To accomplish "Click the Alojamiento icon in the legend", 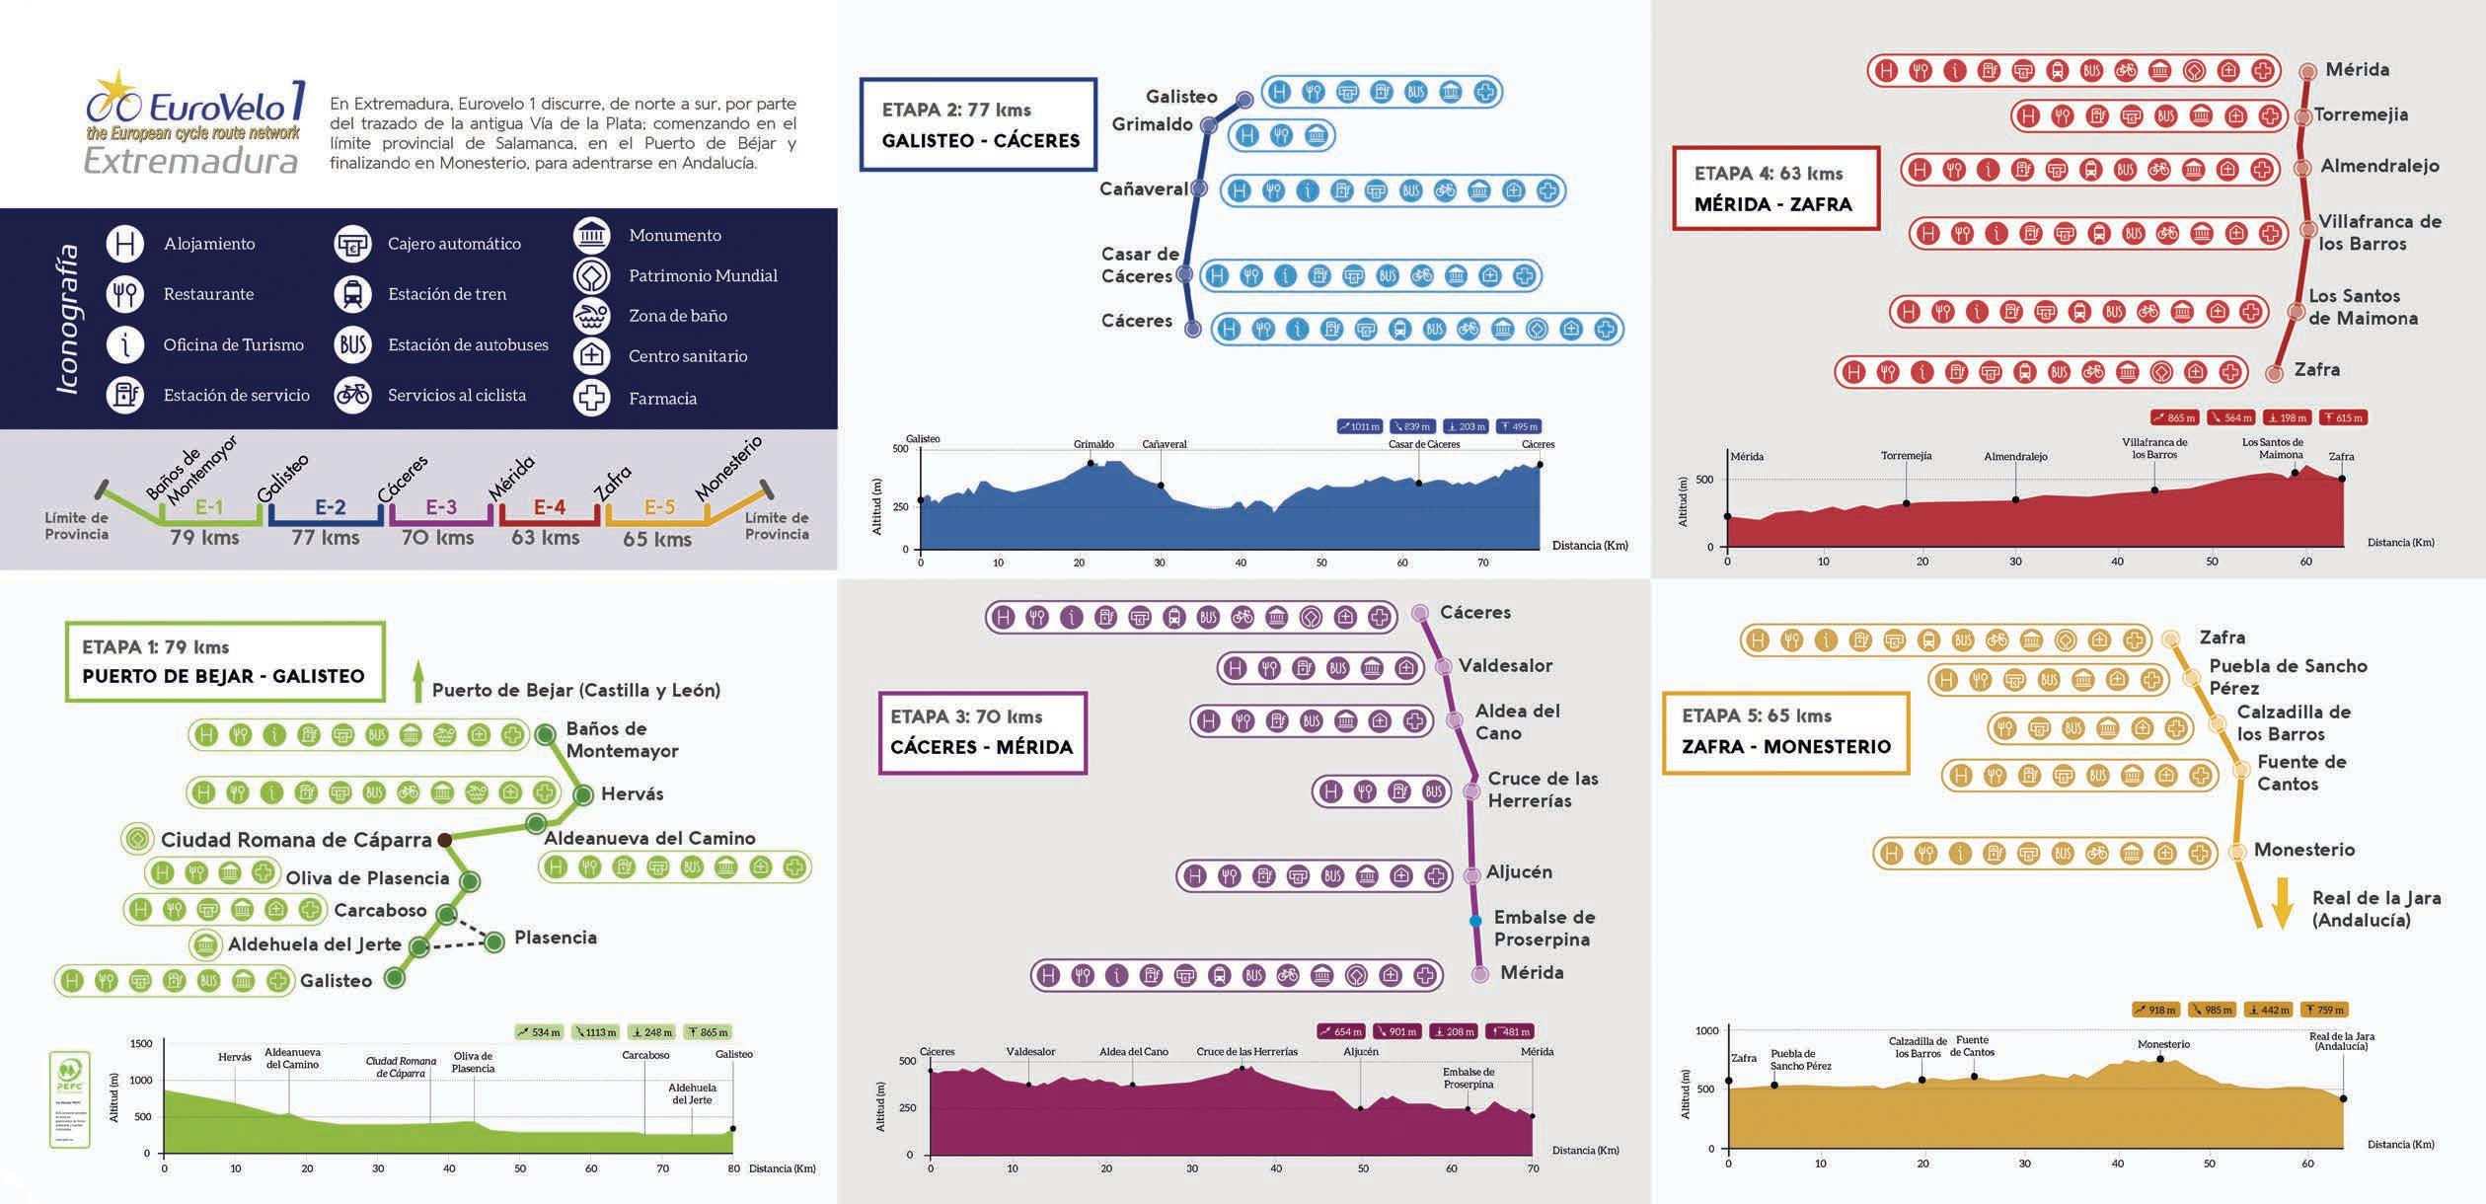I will click(125, 244).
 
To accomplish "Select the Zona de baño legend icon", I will click(592, 316).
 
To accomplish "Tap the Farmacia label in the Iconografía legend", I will click(662, 399).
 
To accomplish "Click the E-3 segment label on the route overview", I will click(441, 507).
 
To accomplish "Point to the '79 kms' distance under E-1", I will click(204, 538).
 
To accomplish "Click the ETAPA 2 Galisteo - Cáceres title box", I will click(978, 125).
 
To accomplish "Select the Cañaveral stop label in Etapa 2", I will click(1143, 188).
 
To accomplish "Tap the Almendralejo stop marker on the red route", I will click(2302, 168).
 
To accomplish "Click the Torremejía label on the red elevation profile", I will click(1906, 456).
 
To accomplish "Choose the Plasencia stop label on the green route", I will click(555, 938).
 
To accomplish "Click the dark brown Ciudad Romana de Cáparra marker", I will click(445, 840).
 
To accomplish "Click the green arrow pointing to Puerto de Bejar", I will click(417, 682).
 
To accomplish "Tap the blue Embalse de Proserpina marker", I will click(1475, 921).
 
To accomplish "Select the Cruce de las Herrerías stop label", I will click(1543, 790).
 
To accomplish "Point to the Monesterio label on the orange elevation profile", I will click(2163, 1044).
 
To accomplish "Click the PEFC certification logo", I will click(70, 1098).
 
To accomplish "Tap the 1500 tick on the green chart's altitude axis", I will click(141, 1044).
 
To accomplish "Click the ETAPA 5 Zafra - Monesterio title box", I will click(1785, 732).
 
